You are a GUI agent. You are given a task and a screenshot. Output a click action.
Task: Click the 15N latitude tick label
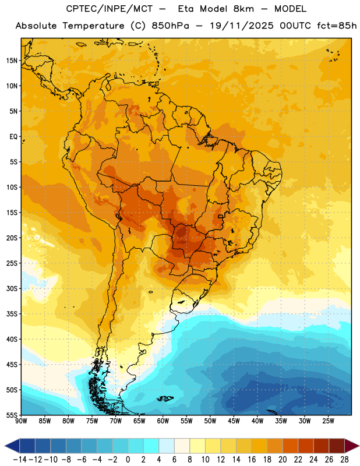(11, 61)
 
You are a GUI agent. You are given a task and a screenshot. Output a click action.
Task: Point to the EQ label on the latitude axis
(13, 137)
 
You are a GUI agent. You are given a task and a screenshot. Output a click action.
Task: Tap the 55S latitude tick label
(11, 415)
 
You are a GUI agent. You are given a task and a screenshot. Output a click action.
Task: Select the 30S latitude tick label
(11, 288)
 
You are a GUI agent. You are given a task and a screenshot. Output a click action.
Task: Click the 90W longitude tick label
(21, 421)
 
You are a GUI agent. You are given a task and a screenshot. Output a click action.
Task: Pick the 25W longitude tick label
(328, 421)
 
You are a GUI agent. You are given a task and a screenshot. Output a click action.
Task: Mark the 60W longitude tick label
(163, 421)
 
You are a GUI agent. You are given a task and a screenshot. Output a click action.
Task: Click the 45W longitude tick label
(234, 421)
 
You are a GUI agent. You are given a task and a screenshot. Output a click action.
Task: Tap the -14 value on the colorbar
(20, 460)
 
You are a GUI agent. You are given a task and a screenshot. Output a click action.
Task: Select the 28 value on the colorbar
(344, 460)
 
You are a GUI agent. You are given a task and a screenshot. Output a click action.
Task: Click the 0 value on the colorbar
(128, 460)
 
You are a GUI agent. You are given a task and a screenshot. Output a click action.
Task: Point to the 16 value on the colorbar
(252, 460)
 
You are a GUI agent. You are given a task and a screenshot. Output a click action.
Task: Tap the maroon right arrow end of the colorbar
(352, 446)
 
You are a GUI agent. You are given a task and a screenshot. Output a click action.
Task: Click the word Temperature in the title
(93, 26)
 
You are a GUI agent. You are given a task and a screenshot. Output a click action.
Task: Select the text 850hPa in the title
(170, 26)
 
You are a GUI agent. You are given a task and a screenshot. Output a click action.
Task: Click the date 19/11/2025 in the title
(242, 26)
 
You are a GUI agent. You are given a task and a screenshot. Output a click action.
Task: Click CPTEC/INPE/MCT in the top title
(109, 9)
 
